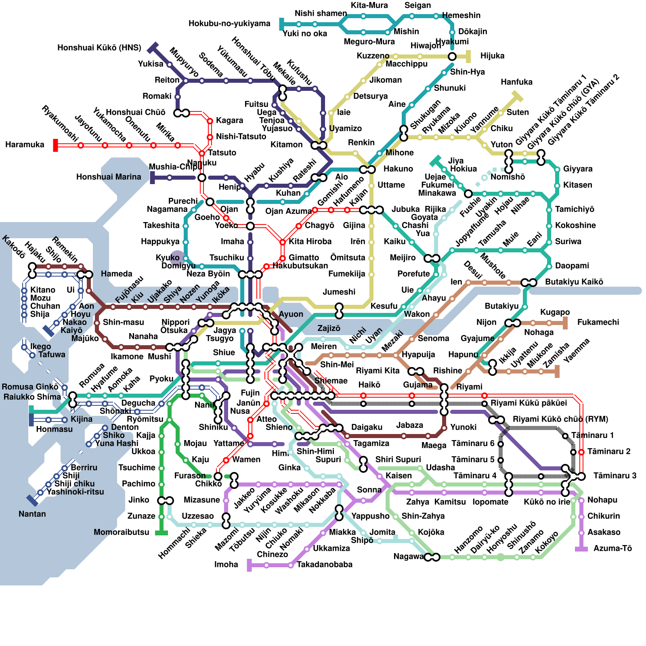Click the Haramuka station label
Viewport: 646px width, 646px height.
[x=25, y=145]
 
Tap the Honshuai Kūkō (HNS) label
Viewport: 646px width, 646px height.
[x=99, y=48]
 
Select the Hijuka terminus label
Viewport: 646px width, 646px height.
[x=492, y=56]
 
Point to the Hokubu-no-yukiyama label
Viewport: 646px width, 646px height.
[x=229, y=23]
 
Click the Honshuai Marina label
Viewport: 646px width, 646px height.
[x=109, y=177]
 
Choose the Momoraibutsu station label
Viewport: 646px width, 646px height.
[x=121, y=532]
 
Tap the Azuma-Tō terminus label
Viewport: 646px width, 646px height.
[x=612, y=548]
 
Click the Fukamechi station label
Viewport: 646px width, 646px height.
[x=598, y=322]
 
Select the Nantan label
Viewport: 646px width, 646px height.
[x=32, y=514]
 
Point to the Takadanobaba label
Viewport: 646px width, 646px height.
[x=325, y=564]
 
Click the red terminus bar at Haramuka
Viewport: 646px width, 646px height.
[x=56, y=145]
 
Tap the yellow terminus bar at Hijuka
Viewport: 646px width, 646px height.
[x=468, y=57]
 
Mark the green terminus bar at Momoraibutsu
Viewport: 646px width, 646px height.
[x=161, y=533]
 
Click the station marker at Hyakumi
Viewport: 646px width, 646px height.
[x=452, y=57]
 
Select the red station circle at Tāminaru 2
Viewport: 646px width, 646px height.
[x=581, y=452]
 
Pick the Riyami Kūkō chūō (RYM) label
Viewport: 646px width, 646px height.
[x=560, y=419]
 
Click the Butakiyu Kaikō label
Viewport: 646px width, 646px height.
[x=574, y=282]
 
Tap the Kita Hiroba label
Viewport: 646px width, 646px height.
[x=310, y=241]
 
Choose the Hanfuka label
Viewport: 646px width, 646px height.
[x=516, y=82]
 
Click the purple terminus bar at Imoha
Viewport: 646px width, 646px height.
[x=249, y=565]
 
